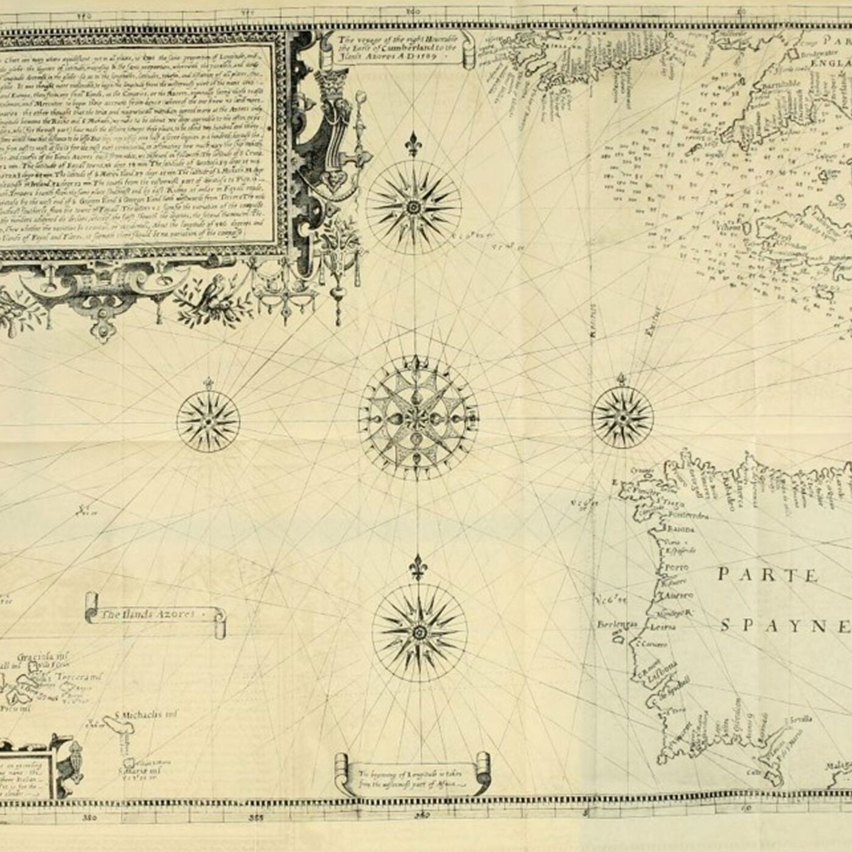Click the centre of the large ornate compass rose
pyautogui.click(x=418, y=417)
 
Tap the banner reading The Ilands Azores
pyautogui.click(x=150, y=615)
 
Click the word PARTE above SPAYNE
pyautogui.click(x=767, y=574)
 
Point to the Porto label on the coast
pyautogui.click(x=676, y=567)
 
